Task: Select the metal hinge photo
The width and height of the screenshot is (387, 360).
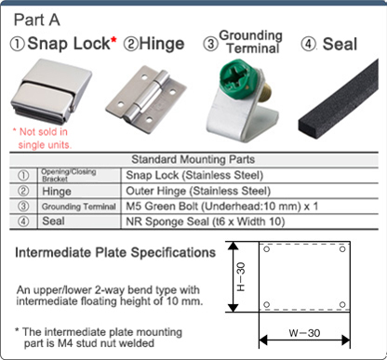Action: tap(140, 100)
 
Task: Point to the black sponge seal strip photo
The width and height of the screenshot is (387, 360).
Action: tap(337, 108)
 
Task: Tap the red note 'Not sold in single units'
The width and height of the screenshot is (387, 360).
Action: tap(43, 139)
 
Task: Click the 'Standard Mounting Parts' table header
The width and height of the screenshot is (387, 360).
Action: tap(193, 159)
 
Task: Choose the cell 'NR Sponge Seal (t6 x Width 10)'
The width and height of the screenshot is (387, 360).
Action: tap(204, 221)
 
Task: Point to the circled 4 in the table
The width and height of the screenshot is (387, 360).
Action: tap(22, 221)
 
